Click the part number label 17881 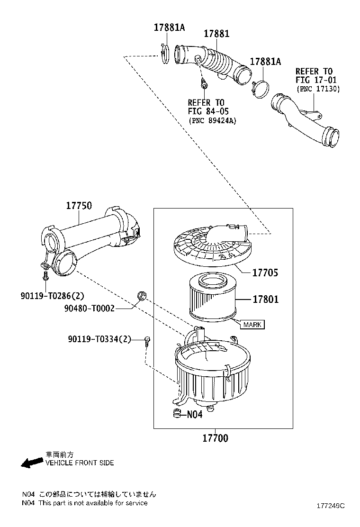pos(216,34)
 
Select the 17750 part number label pos(79,206)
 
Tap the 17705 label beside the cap pos(265,273)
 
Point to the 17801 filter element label pos(265,300)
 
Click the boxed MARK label pos(252,325)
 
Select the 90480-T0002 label pos(90,309)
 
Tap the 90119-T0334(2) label pos(99,339)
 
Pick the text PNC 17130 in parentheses pos(318,89)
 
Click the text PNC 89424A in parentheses pos(212,120)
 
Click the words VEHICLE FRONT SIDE pos(80,463)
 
